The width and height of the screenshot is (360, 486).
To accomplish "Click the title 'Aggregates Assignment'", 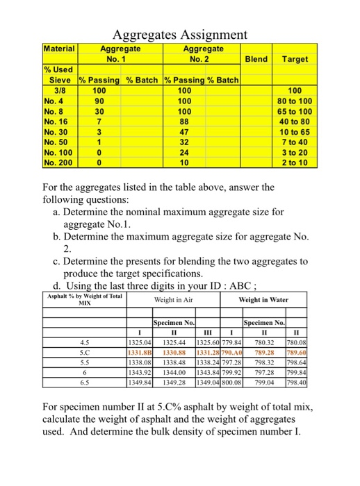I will tap(179, 34).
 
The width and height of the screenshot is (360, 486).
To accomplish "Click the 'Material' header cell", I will tap(59, 49).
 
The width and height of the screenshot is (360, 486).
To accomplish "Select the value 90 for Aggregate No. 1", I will tap(99, 100).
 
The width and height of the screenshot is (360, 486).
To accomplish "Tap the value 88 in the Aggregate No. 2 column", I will tap(184, 119).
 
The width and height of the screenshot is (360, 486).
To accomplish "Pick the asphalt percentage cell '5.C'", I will tap(85, 352).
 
